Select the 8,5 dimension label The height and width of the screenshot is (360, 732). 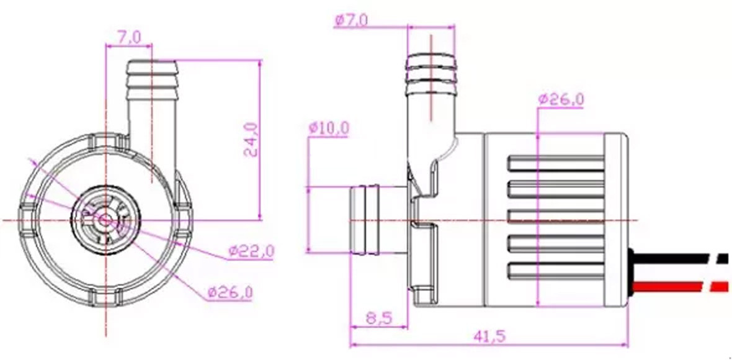pyautogui.click(x=378, y=318)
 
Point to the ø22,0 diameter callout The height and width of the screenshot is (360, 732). pyautogui.click(x=251, y=251)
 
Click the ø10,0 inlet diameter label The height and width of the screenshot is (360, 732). pyautogui.click(x=328, y=128)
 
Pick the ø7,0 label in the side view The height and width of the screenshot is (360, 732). pyautogui.click(x=351, y=20)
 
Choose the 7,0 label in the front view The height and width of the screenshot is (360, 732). pyautogui.click(x=128, y=38)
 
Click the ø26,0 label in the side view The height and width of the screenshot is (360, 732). pyautogui.click(x=561, y=99)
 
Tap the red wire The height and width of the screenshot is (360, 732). pyautogui.click(x=676, y=287)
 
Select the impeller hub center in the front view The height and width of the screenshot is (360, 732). pyautogui.click(x=106, y=220)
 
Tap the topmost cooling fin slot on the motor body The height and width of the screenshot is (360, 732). pyautogui.click(x=555, y=164)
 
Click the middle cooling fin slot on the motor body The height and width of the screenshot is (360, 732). pyautogui.click(x=555, y=217)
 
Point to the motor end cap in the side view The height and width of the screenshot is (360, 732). pyautogui.click(x=617, y=220)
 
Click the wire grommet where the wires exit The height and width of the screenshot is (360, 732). pyautogui.click(x=631, y=272)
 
